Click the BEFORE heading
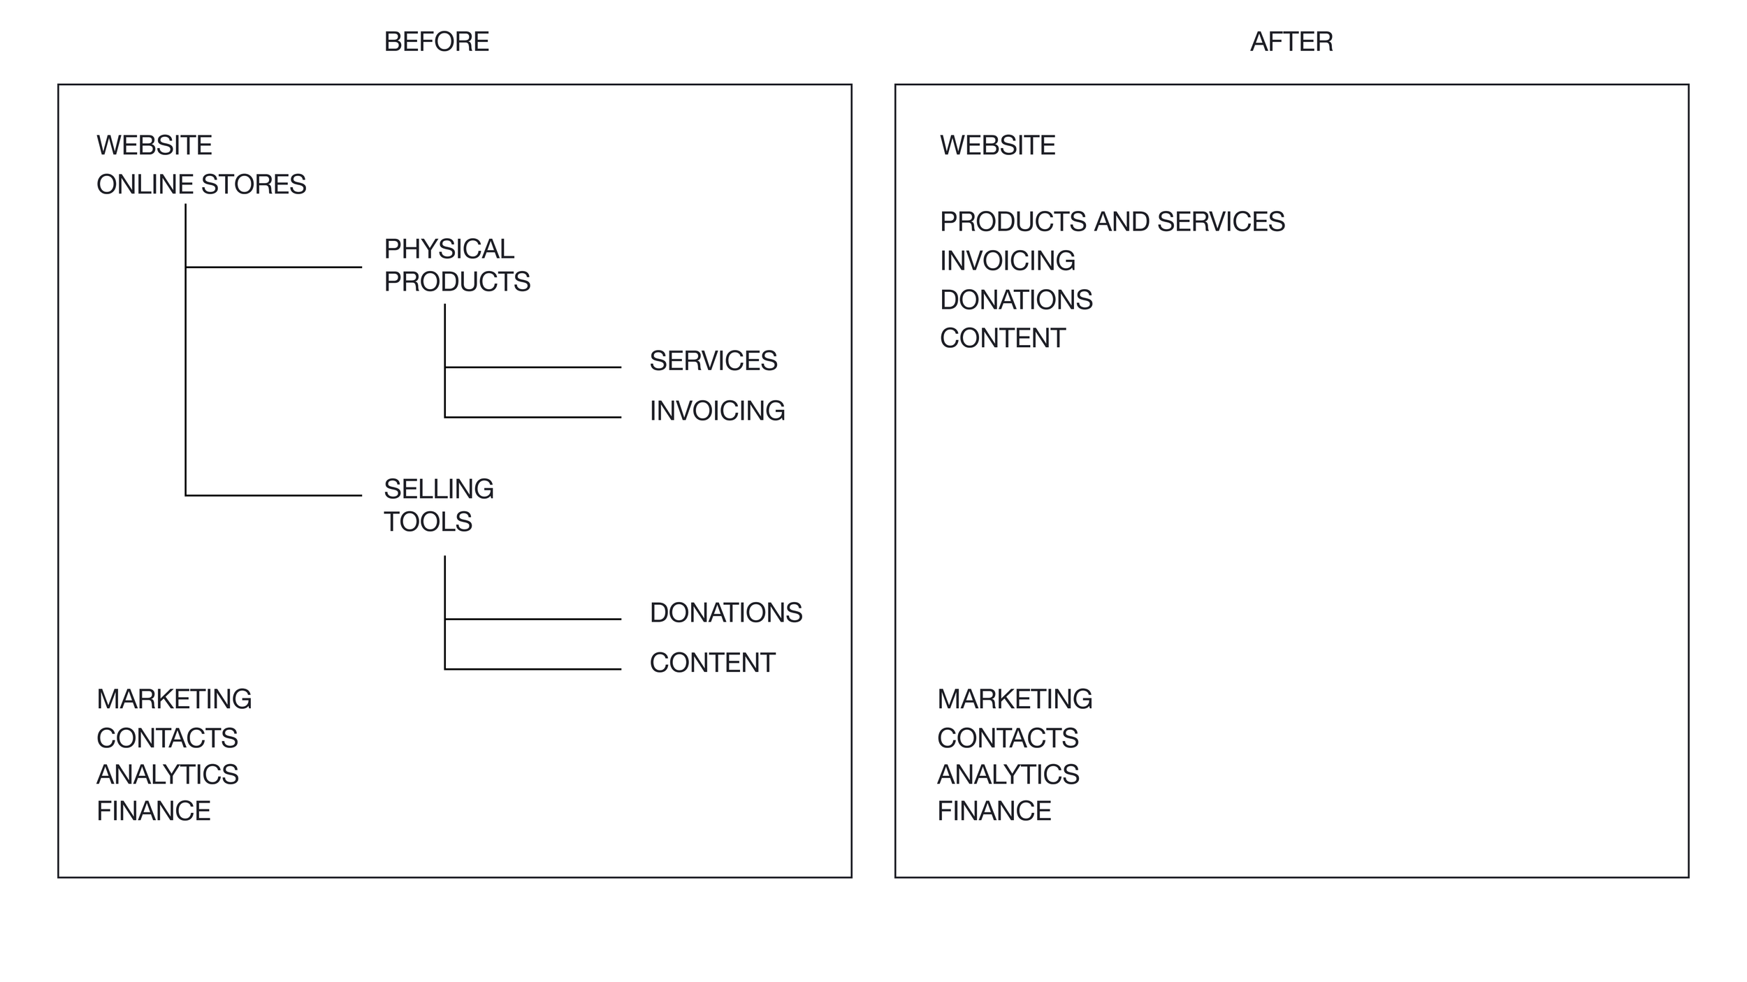tap(437, 42)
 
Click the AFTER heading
tap(1291, 42)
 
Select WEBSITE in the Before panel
tap(154, 145)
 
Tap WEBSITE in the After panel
tap(998, 145)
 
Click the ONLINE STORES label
tap(201, 184)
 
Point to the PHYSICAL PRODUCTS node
tap(457, 265)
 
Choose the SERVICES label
tap(713, 361)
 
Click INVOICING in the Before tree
tap(718, 411)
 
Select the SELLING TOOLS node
tap(439, 505)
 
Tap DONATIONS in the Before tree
tap(726, 613)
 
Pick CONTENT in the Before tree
tap(713, 663)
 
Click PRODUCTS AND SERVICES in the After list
tap(1112, 221)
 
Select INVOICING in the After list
tap(1008, 261)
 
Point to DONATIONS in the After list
tap(1016, 300)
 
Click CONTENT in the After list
tap(1003, 338)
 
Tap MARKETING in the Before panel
tap(174, 699)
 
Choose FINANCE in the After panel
tap(994, 811)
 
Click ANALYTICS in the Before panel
tap(168, 775)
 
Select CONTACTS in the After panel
tap(1008, 738)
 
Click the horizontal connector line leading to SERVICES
tap(532, 367)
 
